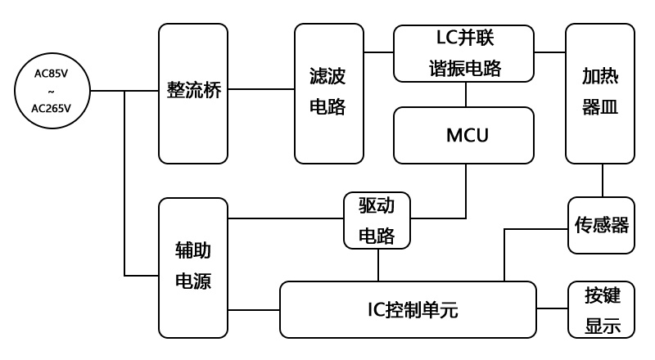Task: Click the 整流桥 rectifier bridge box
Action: coord(193,92)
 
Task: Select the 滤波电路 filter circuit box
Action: coord(329,92)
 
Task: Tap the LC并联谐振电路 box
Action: coord(463,53)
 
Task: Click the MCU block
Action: coord(463,135)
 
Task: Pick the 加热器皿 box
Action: coord(600,94)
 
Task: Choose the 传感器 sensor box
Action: coord(600,225)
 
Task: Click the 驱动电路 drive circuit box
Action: coord(377,220)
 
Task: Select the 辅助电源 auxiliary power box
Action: coord(193,267)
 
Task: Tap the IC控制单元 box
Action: coord(408,309)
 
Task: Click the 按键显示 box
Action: coord(600,309)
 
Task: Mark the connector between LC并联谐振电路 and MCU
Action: coord(466,94)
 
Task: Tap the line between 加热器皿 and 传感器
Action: coord(603,180)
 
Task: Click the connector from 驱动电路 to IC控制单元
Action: coord(377,264)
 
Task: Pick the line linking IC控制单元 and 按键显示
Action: coord(552,309)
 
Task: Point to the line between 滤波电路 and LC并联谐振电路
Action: coord(378,53)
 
